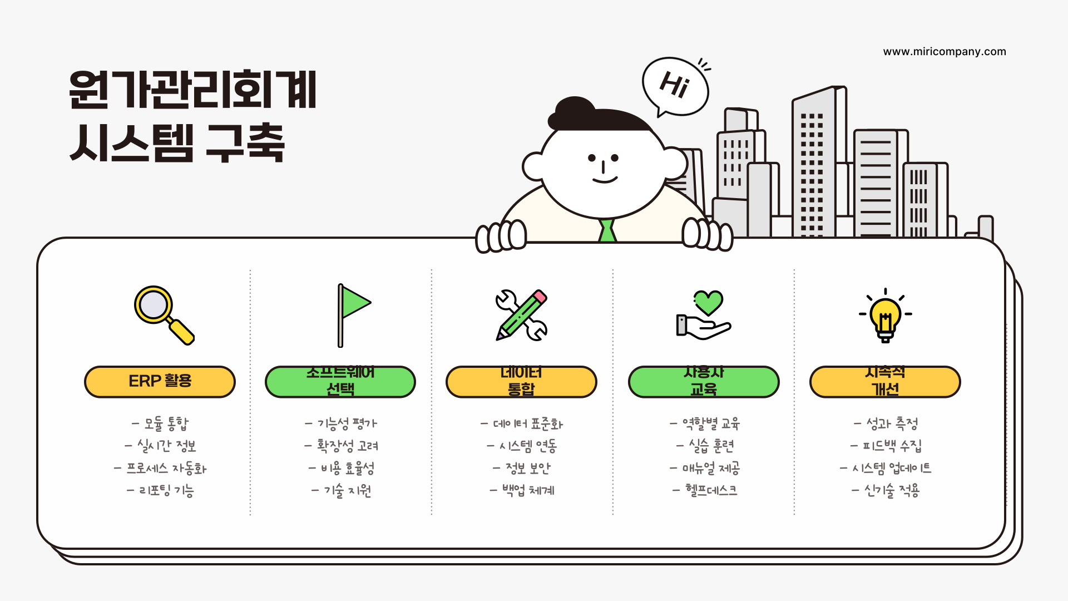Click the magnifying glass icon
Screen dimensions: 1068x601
[163, 314]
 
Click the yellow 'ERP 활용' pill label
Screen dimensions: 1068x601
[160, 382]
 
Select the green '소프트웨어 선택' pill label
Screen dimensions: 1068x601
[340, 382]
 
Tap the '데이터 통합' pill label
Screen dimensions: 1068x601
[521, 382]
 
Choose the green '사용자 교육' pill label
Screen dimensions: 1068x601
[703, 382]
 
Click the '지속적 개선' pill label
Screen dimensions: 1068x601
[885, 382]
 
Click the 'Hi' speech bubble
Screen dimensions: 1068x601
[675, 86]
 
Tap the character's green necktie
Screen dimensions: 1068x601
[607, 230]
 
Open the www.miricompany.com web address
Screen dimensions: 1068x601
[945, 52]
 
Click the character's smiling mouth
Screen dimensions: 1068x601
[605, 180]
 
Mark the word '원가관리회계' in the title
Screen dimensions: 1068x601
[192, 90]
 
